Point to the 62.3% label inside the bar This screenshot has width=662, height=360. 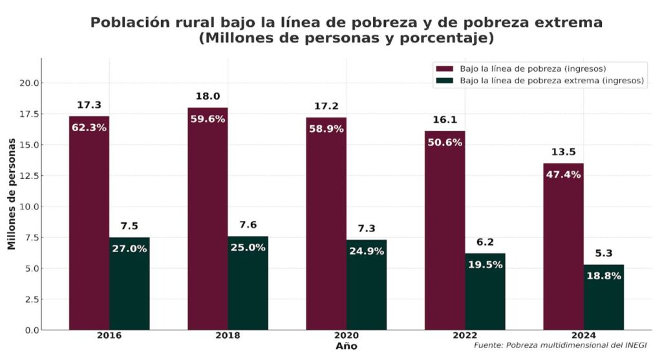89,127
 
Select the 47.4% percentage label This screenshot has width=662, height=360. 563,175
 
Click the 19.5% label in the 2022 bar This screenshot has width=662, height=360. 485,264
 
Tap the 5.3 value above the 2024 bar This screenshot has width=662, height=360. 604,253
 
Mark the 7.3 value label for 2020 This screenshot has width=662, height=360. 367,229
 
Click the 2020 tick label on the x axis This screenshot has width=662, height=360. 346,336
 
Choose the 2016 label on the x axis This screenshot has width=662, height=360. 109,336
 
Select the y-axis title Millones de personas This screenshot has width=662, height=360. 11,194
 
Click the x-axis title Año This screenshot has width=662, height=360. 346,347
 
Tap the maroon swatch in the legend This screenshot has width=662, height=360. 445,69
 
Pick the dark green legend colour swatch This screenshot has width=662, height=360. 445,81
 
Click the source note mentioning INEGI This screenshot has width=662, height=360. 560,346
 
